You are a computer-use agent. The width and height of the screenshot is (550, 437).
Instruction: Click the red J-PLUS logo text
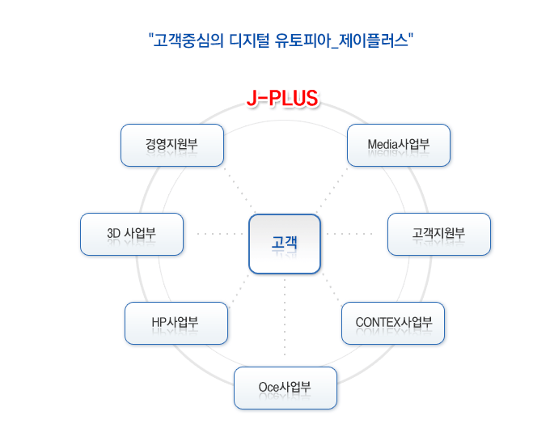click(x=282, y=98)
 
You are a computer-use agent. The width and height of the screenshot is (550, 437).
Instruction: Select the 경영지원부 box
click(x=172, y=145)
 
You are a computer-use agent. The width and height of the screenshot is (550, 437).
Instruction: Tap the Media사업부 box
click(x=399, y=145)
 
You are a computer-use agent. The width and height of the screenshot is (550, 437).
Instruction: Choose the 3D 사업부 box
click(x=132, y=234)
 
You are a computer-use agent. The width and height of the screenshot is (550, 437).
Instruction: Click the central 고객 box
click(x=285, y=244)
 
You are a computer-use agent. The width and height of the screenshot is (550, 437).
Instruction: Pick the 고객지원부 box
click(x=439, y=234)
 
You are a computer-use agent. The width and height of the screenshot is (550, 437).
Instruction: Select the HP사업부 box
click(x=176, y=323)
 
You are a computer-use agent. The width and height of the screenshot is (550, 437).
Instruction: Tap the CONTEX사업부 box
click(x=393, y=323)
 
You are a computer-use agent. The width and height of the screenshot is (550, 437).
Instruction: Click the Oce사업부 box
click(x=286, y=388)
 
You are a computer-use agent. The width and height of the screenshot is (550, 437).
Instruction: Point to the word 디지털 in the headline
click(x=249, y=40)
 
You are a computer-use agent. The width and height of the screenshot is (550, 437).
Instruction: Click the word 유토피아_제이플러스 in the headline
click(x=341, y=40)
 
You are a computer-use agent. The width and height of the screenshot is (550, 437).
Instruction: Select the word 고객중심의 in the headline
click(x=188, y=40)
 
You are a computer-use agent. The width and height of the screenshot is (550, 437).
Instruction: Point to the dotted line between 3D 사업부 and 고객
click(x=220, y=233)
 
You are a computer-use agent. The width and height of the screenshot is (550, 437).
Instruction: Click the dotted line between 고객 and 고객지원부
click(x=349, y=233)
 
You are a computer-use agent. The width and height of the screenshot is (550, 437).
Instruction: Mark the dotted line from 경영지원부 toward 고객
click(x=239, y=189)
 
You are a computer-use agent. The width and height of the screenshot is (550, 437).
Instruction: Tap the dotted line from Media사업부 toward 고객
click(x=332, y=189)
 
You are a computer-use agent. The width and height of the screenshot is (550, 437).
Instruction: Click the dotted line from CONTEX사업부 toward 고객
click(x=332, y=288)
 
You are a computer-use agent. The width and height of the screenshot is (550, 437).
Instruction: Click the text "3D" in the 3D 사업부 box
click(x=114, y=233)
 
